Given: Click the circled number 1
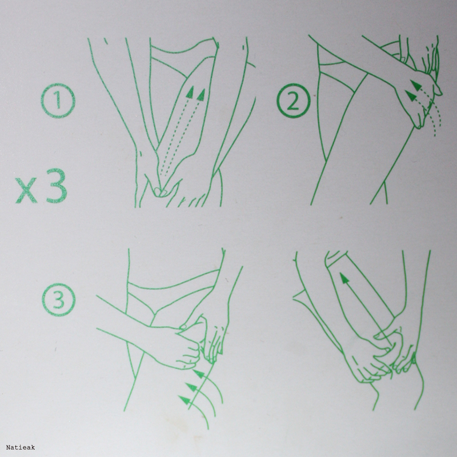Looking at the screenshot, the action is click(x=58, y=101).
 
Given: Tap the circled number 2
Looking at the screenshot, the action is click(x=294, y=101).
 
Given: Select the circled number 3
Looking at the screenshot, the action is click(x=59, y=300).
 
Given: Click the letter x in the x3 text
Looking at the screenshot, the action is click(x=26, y=190).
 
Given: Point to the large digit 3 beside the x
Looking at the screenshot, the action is click(x=57, y=186).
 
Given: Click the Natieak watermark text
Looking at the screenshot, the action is click(x=21, y=447).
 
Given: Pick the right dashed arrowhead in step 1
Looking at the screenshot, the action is click(x=201, y=95).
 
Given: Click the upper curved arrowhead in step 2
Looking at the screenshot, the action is click(x=416, y=85).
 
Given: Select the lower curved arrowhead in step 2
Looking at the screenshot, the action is click(x=410, y=96).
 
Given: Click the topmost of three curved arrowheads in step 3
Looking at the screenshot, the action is click(x=199, y=374).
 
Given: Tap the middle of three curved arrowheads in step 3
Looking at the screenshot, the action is click(x=191, y=388).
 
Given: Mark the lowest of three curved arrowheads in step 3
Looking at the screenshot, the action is click(x=184, y=400).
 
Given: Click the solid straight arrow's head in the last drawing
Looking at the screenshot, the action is click(x=344, y=278).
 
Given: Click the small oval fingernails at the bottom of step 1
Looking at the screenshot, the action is click(x=160, y=192).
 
